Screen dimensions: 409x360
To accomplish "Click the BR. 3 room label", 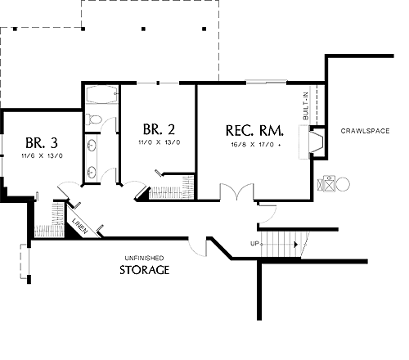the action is (42, 142).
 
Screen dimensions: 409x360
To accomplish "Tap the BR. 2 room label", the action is (159, 129).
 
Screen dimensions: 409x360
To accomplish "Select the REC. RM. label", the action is (254, 131).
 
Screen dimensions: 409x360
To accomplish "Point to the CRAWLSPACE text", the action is (365, 131).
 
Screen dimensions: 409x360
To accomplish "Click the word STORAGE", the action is (145, 270).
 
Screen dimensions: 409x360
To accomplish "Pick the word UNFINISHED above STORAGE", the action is (144, 258).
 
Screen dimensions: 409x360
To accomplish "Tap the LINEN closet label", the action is (80, 226).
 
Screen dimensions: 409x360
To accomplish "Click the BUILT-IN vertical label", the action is (306, 106).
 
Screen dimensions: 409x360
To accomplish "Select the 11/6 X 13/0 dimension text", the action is (42, 155).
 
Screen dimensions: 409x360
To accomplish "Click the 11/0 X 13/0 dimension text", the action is (160, 142).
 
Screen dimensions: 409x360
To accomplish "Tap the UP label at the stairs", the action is (254, 244).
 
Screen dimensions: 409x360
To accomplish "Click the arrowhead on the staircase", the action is (296, 245).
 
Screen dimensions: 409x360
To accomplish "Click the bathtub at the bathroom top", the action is (102, 95).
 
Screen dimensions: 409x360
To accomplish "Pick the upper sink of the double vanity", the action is (92, 145).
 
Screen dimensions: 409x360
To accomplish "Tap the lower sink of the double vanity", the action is (92, 172).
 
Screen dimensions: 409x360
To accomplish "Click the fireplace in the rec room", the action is (316, 142).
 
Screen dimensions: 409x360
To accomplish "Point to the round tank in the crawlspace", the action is (343, 184).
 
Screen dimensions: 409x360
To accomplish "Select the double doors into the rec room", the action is (237, 191).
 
